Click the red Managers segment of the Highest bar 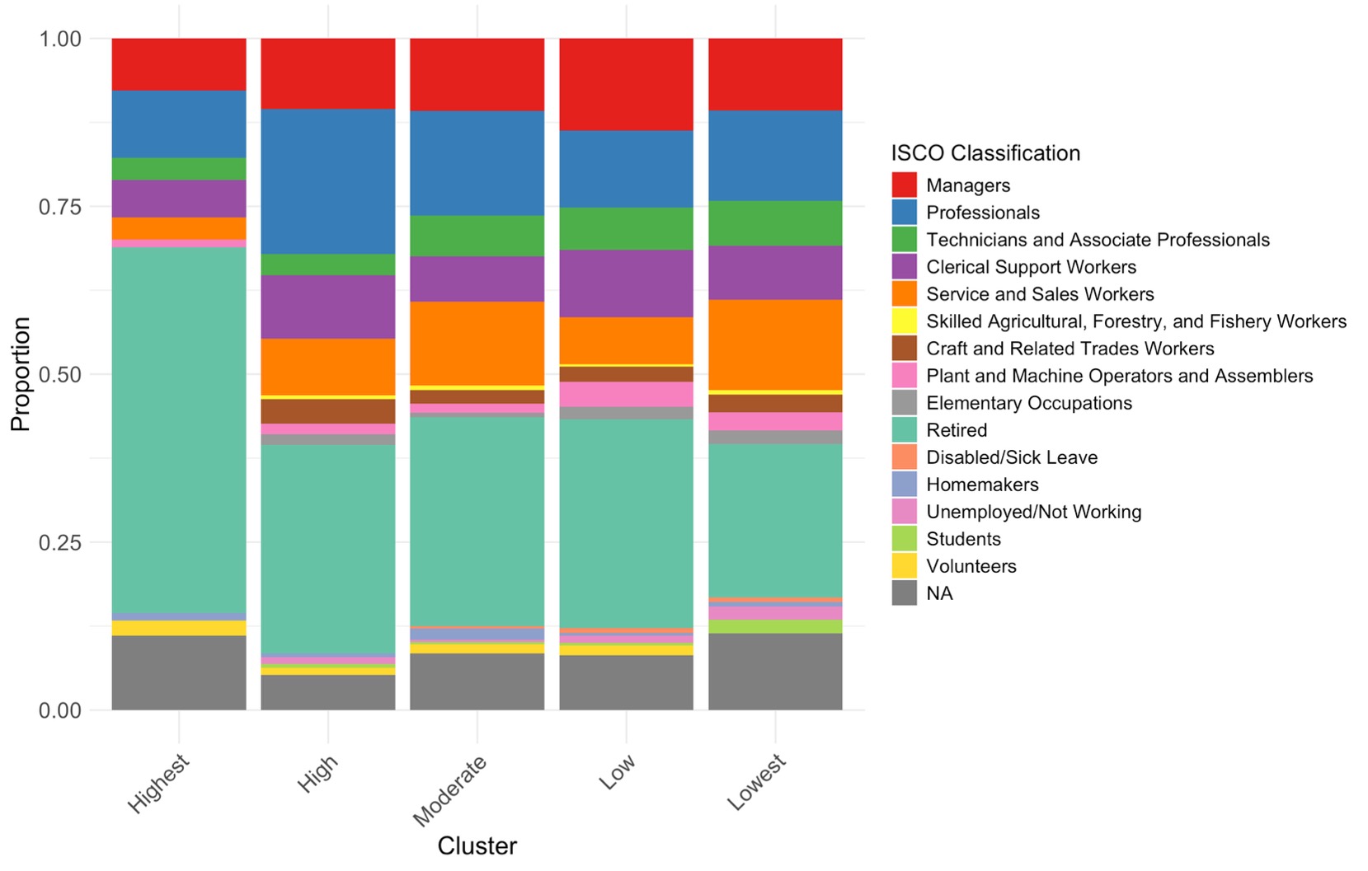(179, 64)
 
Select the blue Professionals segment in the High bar (328, 181)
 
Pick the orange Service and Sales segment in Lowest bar (775, 344)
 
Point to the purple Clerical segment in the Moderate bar (477, 279)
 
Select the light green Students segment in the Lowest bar (775, 626)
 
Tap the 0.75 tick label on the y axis (60, 207)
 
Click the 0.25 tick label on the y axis (60, 542)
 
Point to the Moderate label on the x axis (449, 789)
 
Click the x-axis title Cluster (477, 846)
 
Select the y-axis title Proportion (21, 374)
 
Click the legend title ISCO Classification (985, 153)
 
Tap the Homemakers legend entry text (982, 485)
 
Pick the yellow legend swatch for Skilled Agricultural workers (904, 321)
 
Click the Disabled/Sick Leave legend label (1012, 457)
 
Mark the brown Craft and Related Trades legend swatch (904, 349)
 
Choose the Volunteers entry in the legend (971, 566)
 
